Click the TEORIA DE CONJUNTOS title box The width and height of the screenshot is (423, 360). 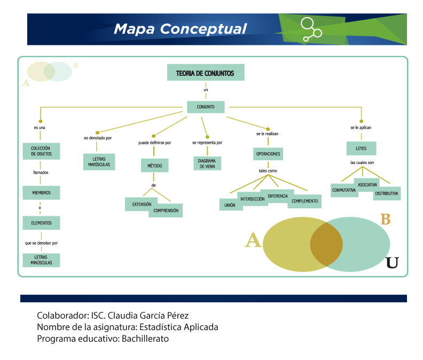206,72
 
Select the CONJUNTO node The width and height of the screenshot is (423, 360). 206,107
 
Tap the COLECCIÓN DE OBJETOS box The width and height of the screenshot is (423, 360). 41,151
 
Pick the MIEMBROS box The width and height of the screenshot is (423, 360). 41,193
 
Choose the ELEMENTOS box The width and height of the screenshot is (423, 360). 41,223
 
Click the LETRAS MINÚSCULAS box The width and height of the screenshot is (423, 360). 41,260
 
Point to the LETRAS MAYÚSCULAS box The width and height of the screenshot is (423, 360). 99,162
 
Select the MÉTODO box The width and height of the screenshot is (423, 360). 154,166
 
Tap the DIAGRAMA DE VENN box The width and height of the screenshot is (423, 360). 207,163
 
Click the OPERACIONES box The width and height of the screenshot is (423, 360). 268,154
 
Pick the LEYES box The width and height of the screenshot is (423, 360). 361,148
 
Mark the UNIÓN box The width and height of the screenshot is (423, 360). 230,205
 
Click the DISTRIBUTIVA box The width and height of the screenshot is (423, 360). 387,194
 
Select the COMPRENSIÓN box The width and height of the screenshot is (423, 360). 166,211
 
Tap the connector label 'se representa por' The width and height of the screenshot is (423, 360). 207,143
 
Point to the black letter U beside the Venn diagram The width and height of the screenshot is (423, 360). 392,263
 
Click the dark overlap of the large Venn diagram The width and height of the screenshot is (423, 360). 326,244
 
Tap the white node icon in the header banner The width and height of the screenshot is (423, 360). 311,29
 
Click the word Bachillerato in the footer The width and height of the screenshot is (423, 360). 145,339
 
